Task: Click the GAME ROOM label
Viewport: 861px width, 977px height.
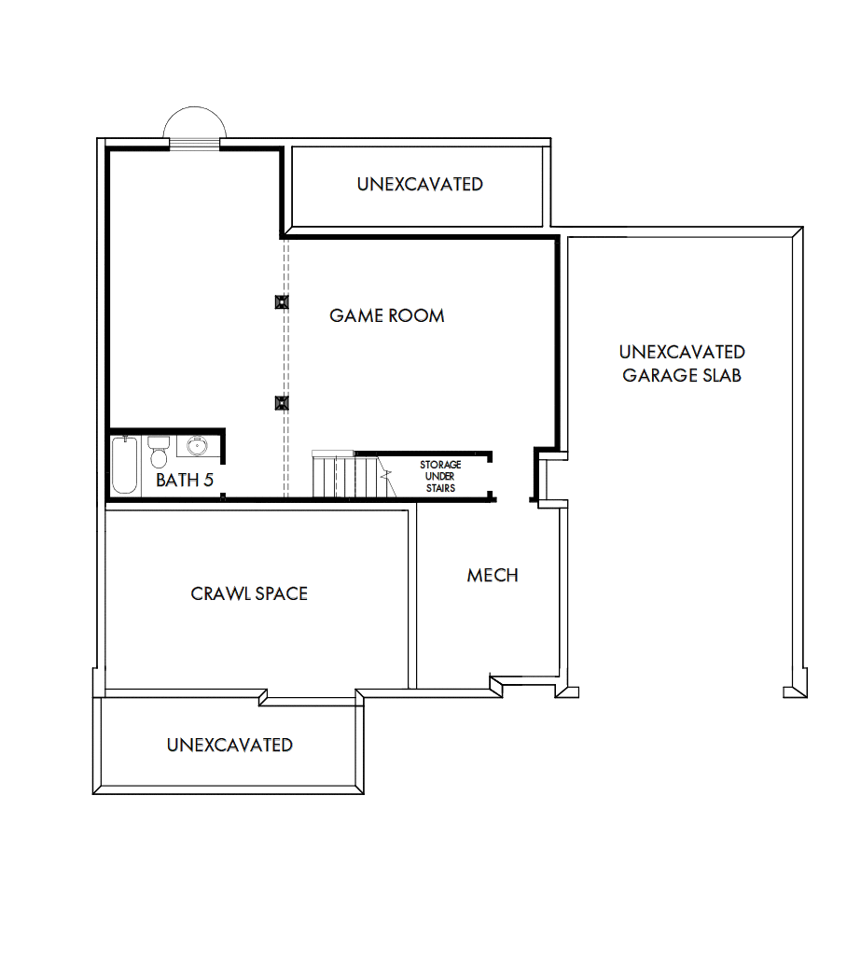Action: click(x=386, y=315)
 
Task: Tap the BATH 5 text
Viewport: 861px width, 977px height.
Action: click(x=185, y=481)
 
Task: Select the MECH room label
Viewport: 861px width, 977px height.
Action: click(x=493, y=576)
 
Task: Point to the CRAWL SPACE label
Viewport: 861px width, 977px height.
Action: click(x=249, y=593)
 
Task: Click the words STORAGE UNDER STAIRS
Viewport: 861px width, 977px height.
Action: click(x=440, y=476)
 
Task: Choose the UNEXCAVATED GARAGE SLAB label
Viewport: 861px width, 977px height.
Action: click(x=682, y=364)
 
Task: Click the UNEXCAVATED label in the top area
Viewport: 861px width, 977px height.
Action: click(x=420, y=184)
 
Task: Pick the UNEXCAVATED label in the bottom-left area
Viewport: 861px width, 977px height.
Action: click(x=229, y=745)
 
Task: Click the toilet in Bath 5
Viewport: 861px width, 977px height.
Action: click(x=158, y=453)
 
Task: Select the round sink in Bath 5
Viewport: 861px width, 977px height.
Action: click(x=197, y=447)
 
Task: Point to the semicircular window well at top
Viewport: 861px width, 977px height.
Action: click(x=193, y=126)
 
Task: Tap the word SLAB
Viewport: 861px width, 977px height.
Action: click(x=724, y=376)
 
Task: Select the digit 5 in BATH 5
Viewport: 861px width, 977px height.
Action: click(x=209, y=481)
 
